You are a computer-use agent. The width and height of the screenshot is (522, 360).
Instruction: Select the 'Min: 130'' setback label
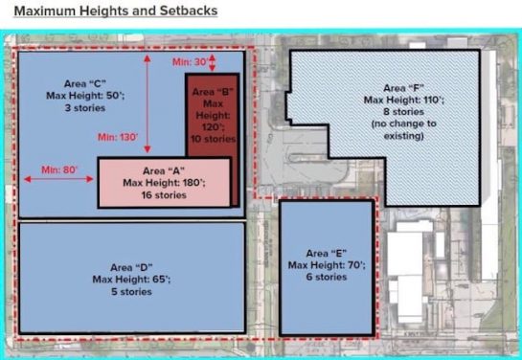tap(114, 137)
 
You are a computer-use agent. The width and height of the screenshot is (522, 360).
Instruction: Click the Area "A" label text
tap(168, 169)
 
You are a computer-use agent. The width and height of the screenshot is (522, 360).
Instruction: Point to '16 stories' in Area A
tap(168, 194)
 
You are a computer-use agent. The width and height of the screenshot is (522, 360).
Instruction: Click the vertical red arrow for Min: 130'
tap(147, 105)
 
